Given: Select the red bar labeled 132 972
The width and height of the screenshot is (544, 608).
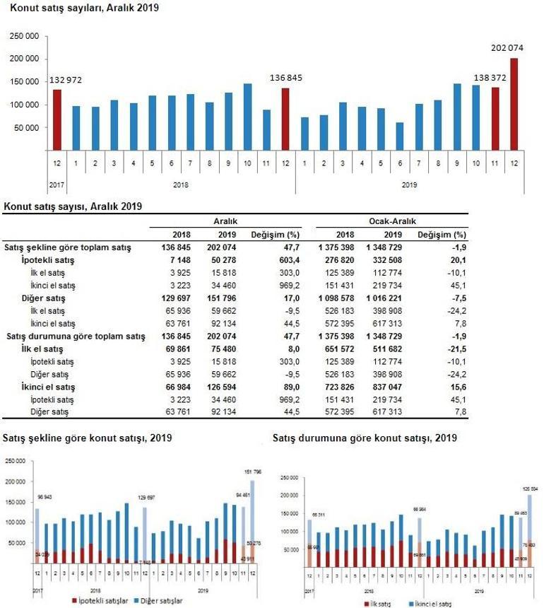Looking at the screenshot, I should coord(57,119).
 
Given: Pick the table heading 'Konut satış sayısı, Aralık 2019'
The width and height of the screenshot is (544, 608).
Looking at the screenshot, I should coord(73,206).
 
